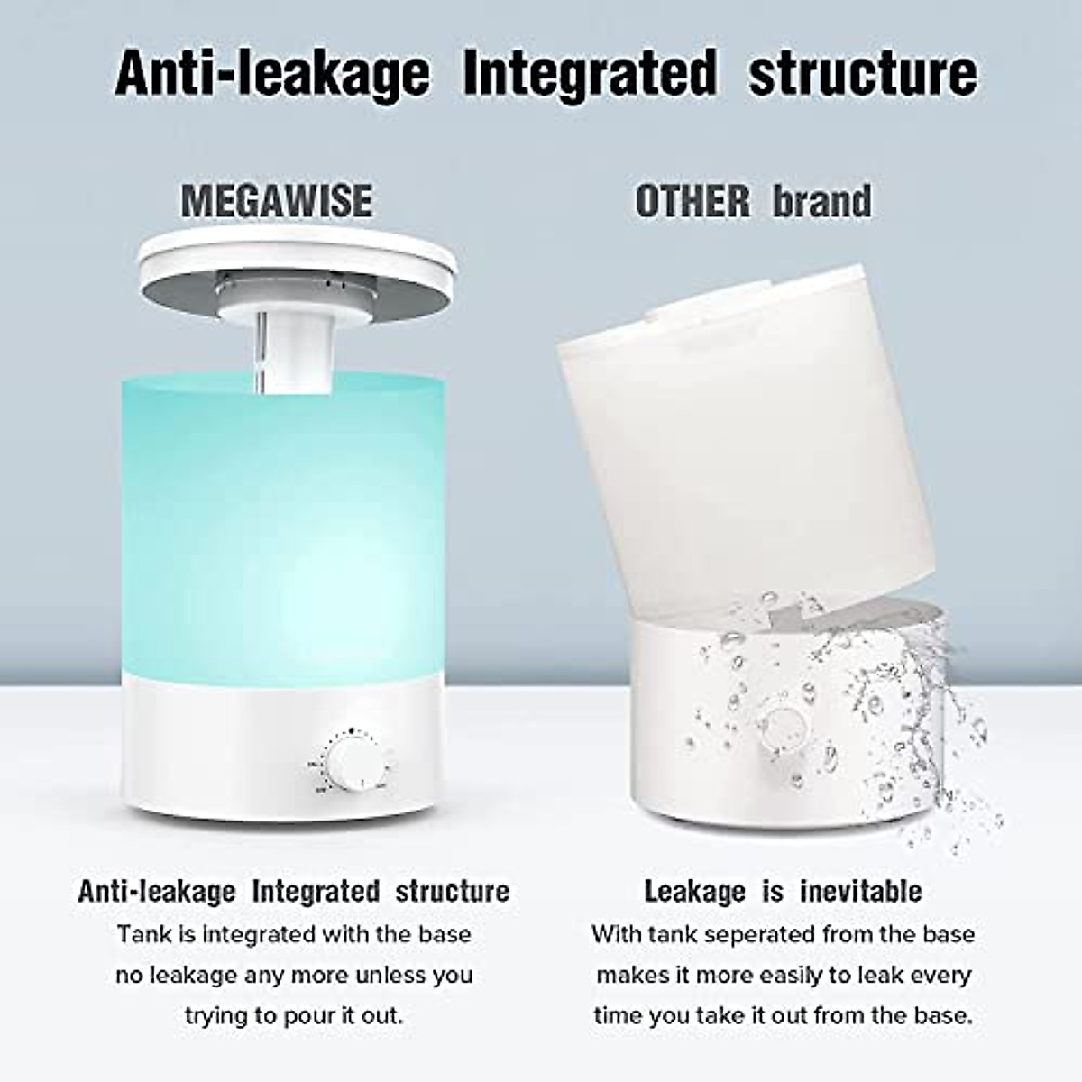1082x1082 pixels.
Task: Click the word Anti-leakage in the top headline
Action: coord(271,74)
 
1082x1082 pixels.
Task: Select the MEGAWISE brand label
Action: coord(277,200)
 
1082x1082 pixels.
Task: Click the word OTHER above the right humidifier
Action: coord(692,200)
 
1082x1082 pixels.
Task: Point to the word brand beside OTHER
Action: coord(822,200)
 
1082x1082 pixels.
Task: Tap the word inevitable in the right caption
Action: coord(860,892)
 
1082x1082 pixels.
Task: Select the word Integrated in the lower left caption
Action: coord(316,892)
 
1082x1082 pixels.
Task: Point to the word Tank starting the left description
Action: coord(138,934)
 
